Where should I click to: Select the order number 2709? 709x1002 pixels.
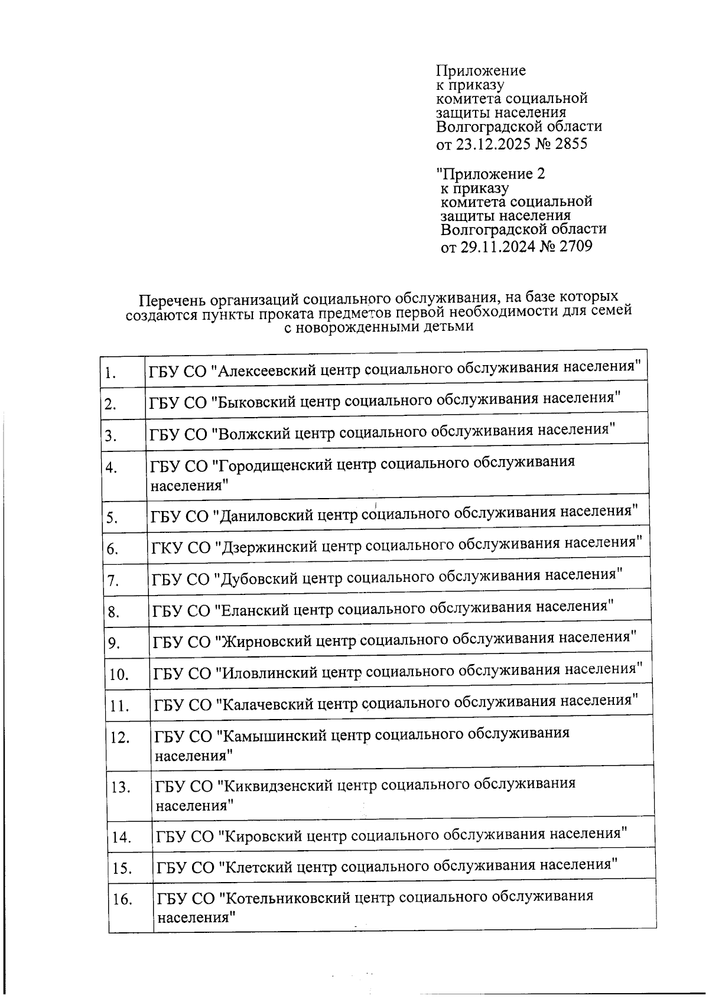pos(575,246)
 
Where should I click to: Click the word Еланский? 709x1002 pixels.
pos(252,610)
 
